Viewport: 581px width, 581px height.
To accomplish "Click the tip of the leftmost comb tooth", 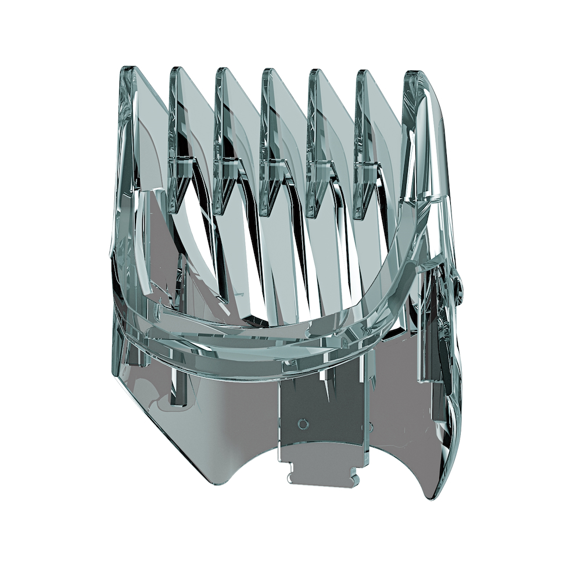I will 129,68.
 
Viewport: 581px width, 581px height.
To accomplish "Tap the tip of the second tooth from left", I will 174,69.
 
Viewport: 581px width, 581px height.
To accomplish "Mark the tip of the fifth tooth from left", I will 314,70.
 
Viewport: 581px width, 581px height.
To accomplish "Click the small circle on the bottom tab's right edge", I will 367,428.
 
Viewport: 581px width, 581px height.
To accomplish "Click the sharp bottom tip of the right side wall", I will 431,498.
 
